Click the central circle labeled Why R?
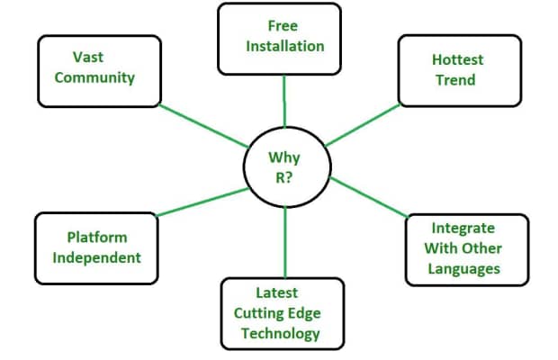pyautogui.click(x=284, y=166)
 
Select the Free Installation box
pyautogui.click(x=280, y=38)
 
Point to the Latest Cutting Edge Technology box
pyautogui.click(x=283, y=312)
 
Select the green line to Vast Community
pyautogui.click(x=202, y=125)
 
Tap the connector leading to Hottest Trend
pyautogui.click(x=363, y=124)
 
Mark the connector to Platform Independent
pyautogui.click(x=202, y=202)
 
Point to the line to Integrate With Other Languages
pyautogui.click(x=369, y=198)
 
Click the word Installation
pyautogui.click(x=284, y=45)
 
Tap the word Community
pyautogui.click(x=94, y=76)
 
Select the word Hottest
pyautogui.click(x=457, y=59)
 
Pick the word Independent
pyautogui.click(x=96, y=257)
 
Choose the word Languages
pyautogui.click(x=464, y=268)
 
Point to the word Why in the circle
pyautogui.click(x=284, y=157)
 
